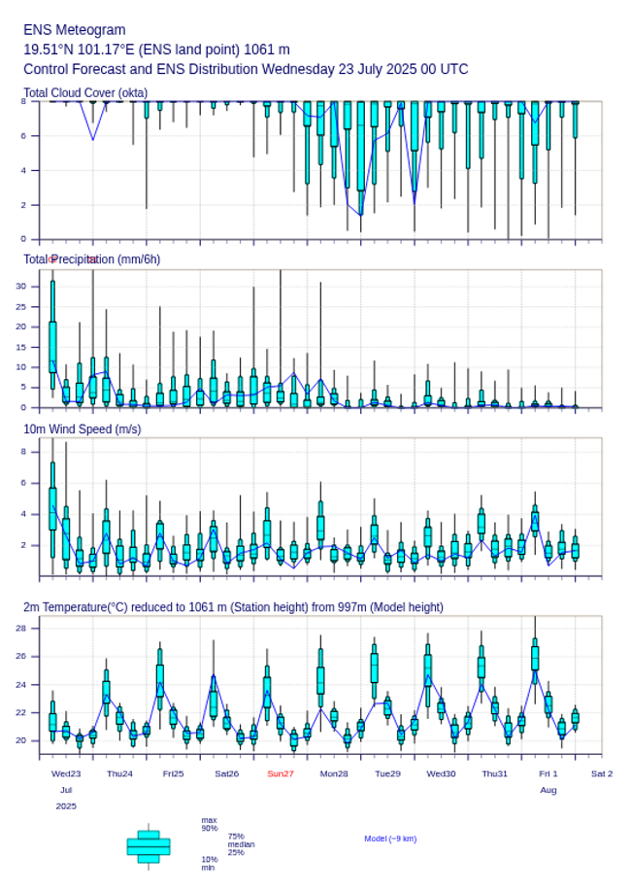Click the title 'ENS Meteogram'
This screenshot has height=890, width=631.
(x=74, y=30)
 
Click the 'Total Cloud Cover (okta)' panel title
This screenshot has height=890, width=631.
(x=85, y=92)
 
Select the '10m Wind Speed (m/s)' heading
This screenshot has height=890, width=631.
(x=82, y=428)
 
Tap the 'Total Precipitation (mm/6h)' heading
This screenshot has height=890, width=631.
(x=92, y=258)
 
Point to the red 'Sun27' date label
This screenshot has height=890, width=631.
(x=281, y=773)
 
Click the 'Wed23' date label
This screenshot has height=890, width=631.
(x=66, y=773)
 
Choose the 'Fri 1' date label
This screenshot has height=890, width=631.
(x=548, y=773)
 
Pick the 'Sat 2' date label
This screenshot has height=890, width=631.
(x=602, y=773)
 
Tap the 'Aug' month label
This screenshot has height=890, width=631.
(x=548, y=790)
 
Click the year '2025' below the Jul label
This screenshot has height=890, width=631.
(x=66, y=805)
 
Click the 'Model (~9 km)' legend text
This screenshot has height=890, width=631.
(x=390, y=839)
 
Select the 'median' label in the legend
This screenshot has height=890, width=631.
(x=242, y=844)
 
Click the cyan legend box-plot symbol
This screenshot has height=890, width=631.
(x=149, y=846)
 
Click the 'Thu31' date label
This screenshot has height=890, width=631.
(x=495, y=773)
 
